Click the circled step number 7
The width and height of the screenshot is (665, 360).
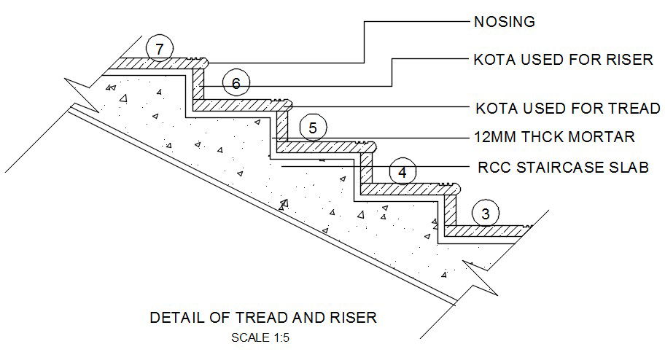[159, 49]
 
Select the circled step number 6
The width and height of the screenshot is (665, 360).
[235, 84]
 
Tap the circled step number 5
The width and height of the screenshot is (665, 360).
[312, 128]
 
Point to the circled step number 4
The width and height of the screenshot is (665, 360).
[402, 173]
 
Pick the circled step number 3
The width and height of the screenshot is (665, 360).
[486, 214]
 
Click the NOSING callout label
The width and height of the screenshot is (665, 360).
[505, 22]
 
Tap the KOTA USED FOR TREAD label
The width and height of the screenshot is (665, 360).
[567, 109]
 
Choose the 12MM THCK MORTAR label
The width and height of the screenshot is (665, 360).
[554, 137]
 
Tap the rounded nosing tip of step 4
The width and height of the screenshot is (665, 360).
[456, 188]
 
